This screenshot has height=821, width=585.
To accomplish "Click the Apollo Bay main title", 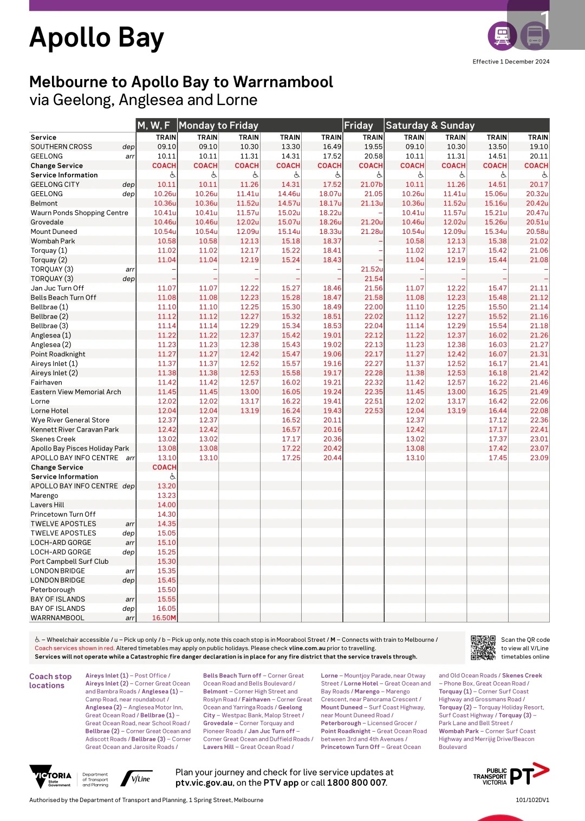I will coord(96,38).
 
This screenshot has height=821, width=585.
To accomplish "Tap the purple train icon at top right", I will coord(503,36).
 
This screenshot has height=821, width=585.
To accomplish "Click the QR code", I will coord(483,648).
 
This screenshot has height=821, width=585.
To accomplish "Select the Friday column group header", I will coord(359,126).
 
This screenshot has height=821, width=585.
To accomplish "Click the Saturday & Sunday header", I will coord(430,126).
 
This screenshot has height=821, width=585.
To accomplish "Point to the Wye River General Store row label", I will coord(70,420).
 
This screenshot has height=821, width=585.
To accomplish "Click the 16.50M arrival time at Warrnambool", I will coord(164,618).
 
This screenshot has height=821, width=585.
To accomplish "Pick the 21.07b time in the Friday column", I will coord(372,185).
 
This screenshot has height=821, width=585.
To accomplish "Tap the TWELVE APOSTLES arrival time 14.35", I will coord(166,524).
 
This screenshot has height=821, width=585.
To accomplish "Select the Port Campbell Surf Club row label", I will coord(69,562).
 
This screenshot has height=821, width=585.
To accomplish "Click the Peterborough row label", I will coord(53,590).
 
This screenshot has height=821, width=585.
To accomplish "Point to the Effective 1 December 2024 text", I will coord(511,62).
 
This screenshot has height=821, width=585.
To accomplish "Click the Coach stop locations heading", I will coord(50,681).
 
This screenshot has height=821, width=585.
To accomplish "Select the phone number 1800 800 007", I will coord(356,783).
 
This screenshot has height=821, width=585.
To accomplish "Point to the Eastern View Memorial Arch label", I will coord(76,392).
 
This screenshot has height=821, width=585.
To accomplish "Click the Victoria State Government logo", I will coord(50,777).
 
